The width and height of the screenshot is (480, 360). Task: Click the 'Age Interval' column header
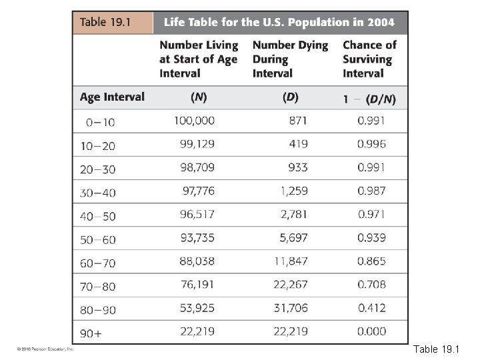(112, 97)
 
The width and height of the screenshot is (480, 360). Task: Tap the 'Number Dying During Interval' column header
(290, 59)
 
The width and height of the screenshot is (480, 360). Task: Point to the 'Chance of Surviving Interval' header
(369, 59)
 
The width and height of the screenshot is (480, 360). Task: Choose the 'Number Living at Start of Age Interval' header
(199, 59)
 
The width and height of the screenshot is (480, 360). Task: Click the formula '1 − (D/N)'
(369, 99)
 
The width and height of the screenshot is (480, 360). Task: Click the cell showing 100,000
(195, 121)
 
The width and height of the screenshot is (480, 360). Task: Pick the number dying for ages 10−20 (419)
(297, 144)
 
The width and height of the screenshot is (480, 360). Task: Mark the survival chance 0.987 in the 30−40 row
(371, 191)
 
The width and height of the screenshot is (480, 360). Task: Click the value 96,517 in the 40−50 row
(197, 215)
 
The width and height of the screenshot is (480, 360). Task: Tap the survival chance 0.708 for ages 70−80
(371, 285)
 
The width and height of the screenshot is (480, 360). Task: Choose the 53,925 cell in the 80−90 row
(197, 308)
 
